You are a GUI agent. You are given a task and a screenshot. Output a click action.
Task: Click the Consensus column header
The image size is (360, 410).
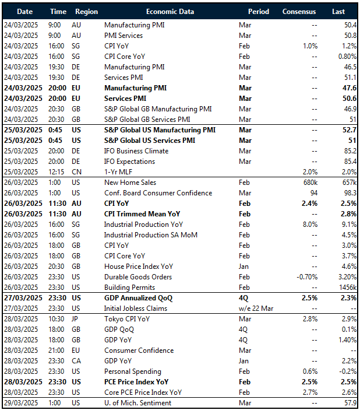299,11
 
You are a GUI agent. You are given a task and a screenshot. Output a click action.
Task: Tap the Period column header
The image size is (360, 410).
259,11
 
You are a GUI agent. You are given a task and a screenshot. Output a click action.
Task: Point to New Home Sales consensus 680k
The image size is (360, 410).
307,183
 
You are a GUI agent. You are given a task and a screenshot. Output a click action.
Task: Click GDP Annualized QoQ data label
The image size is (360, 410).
138,298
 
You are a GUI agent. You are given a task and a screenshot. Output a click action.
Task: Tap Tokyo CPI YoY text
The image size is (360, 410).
127,319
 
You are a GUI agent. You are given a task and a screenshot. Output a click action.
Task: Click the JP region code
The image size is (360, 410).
76,319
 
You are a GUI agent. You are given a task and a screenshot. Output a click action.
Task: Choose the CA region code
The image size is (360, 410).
77,361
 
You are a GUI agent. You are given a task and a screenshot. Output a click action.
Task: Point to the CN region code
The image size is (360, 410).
77,172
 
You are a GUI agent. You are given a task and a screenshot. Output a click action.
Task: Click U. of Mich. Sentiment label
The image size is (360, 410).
137,403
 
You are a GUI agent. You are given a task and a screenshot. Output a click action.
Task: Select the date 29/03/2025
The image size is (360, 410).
22,403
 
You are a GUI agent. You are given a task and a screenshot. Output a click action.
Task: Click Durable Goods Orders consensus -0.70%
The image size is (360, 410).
304,277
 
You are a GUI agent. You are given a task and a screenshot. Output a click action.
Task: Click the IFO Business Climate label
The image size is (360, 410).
136,151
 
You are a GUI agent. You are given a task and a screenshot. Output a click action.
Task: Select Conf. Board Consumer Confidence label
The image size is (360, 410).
158,193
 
